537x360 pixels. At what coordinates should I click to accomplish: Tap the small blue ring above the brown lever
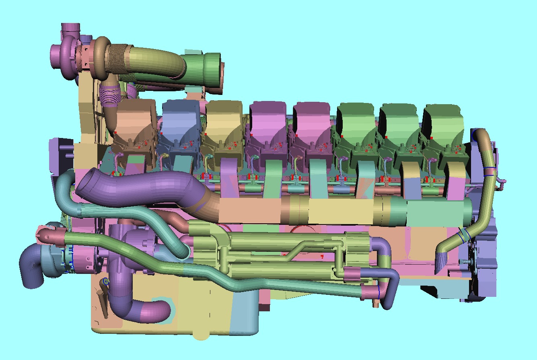[106, 281]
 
